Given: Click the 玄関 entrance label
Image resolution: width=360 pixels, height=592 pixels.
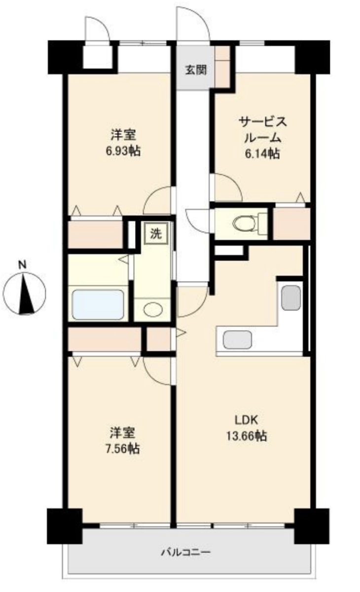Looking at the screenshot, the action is tap(196, 70).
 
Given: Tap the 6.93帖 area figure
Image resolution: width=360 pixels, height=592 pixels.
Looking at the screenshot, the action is tap(123, 151).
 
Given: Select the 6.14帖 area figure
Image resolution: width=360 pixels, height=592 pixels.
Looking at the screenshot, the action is tap(262, 153).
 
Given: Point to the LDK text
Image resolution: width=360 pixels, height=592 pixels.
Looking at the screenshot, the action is tap(247, 420).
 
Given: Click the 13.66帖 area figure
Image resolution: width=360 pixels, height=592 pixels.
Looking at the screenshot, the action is tap(247, 436).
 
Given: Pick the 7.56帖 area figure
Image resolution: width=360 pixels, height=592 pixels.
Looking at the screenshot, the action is tap(123, 448).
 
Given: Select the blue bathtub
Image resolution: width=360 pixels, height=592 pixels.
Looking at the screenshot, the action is tap(98, 304).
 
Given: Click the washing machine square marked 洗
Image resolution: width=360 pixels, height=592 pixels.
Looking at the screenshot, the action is tap(156, 233).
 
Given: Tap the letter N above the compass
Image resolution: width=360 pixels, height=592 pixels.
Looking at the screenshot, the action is tap(23, 264).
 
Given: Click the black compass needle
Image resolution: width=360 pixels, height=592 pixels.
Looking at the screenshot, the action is tap(27, 294).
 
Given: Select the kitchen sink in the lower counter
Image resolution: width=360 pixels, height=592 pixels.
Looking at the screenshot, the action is tap(237, 339).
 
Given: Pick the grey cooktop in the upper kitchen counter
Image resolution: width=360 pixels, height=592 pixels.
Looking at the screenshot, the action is tap(291, 297).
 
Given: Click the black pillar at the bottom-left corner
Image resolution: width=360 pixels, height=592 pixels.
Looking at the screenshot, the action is tap(65, 526).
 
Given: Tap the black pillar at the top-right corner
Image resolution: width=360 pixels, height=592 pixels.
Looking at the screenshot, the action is tap(312, 57).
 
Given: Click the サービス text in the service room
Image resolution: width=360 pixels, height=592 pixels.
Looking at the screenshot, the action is tap(262, 122).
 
